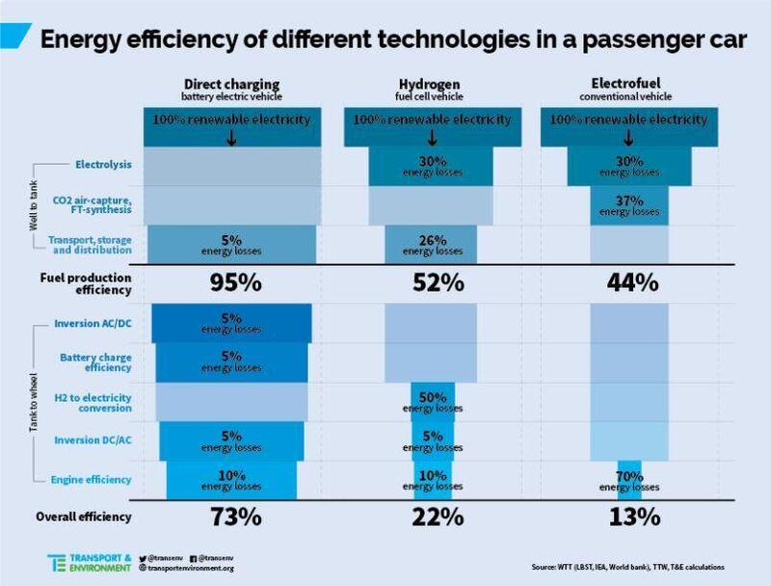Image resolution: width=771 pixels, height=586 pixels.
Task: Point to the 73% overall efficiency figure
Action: click(236, 517)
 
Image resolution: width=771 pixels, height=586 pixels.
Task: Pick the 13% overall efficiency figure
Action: click(633, 517)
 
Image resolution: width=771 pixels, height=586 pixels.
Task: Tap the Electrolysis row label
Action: click(103, 165)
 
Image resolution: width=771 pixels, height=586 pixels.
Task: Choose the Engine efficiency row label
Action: click(96, 479)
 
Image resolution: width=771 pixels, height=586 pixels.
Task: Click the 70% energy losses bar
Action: click(629, 479)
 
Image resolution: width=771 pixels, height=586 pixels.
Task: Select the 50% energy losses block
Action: click(431, 401)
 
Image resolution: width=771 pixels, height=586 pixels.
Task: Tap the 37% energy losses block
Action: click(629, 204)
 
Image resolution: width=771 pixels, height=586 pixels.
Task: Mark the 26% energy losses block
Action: click(431, 245)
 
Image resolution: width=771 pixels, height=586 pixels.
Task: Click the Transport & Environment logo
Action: click(89, 562)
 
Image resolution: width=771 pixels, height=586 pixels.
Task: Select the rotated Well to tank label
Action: click(36, 205)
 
